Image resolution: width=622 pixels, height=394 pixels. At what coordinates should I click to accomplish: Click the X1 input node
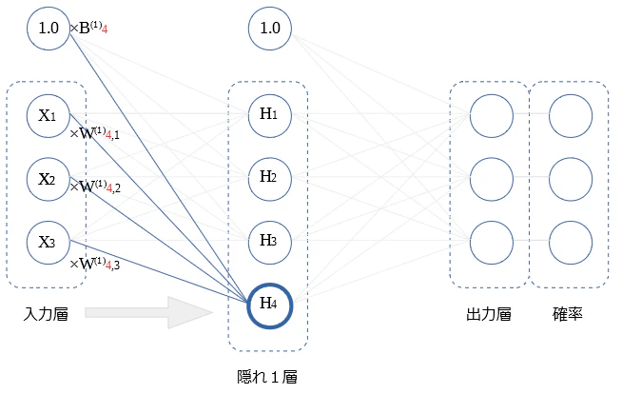pyautogui.click(x=49, y=116)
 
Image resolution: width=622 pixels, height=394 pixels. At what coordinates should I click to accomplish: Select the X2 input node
pyautogui.click(x=49, y=179)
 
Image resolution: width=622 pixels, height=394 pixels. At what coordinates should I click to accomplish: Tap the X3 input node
pyautogui.click(x=49, y=243)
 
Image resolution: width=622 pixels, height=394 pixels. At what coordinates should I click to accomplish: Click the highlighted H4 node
pyautogui.click(x=270, y=305)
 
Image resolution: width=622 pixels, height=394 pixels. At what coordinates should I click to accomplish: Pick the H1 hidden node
pyautogui.click(x=270, y=116)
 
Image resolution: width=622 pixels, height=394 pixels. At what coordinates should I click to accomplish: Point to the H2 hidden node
pyautogui.click(x=270, y=179)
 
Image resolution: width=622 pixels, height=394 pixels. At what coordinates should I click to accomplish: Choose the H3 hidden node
pyautogui.click(x=270, y=243)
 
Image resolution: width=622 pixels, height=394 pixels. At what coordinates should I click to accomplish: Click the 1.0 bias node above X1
pyautogui.click(x=49, y=29)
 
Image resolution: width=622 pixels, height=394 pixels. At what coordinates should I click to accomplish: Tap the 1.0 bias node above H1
pyautogui.click(x=270, y=29)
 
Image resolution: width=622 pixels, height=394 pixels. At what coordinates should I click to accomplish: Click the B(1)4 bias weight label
pyautogui.click(x=88, y=29)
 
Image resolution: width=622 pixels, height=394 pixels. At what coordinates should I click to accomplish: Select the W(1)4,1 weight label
pyautogui.click(x=95, y=133)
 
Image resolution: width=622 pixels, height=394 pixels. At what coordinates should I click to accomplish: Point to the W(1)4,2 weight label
pyautogui.click(x=95, y=187)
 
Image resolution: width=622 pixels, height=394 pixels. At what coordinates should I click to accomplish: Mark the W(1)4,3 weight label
pyautogui.click(x=95, y=264)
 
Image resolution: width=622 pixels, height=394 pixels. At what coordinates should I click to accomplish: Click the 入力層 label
pyautogui.click(x=46, y=314)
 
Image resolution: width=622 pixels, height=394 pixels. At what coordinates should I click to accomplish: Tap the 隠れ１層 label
pyautogui.click(x=267, y=377)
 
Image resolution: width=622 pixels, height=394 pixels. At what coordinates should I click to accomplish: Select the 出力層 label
pyautogui.click(x=488, y=314)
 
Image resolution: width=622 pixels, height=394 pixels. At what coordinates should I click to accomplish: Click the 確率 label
pyautogui.click(x=567, y=314)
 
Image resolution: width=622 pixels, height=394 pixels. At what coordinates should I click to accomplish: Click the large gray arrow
pyautogui.click(x=149, y=313)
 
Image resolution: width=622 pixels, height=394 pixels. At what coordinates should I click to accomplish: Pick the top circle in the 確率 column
pyautogui.click(x=571, y=116)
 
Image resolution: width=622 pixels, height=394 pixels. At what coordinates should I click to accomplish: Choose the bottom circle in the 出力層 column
pyautogui.click(x=492, y=243)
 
